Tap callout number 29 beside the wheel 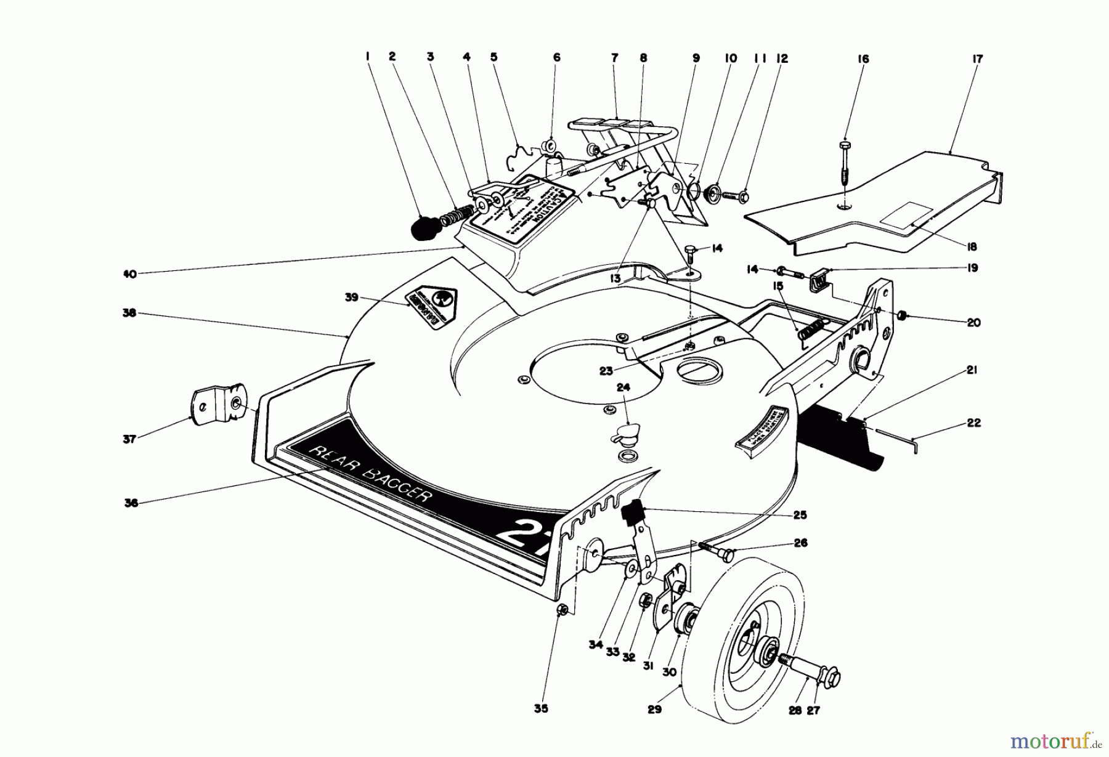654,709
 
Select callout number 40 130,274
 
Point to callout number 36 130,503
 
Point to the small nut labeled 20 900,316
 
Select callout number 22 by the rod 974,423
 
